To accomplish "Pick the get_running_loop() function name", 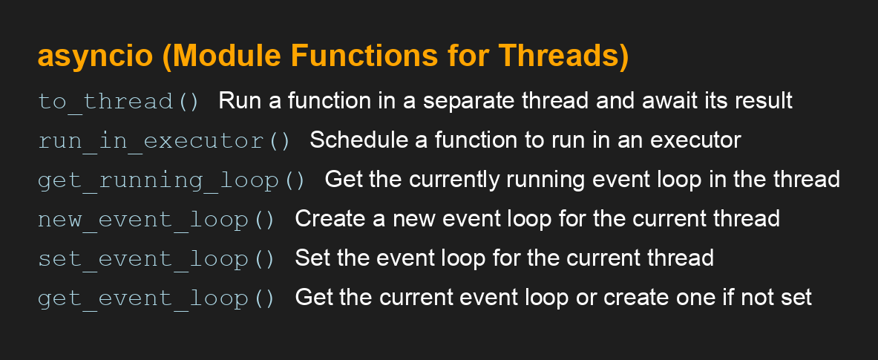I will pyautogui.click(x=171, y=180).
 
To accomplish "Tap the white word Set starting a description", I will pyautogui.click(x=310, y=258).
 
